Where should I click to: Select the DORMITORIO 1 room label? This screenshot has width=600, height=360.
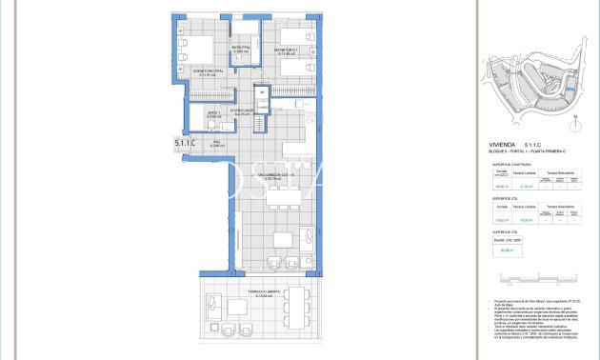pyautogui.click(x=288, y=50)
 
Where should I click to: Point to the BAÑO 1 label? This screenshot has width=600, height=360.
pyautogui.click(x=213, y=114)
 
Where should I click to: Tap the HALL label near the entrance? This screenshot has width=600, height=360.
pyautogui.click(x=216, y=143)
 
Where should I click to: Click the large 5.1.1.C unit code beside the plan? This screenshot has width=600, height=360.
pyautogui.click(x=185, y=143)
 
